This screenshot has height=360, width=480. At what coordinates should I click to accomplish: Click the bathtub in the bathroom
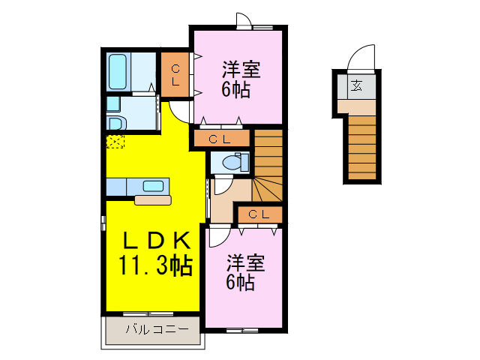tap(117, 70)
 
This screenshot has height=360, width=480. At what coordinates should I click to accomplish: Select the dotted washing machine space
tap(115, 139)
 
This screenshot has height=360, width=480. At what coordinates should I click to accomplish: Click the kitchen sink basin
tap(154, 186)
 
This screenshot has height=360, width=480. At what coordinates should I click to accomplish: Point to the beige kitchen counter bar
tap(153, 199)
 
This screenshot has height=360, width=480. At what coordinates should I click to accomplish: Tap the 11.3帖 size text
tap(154, 265)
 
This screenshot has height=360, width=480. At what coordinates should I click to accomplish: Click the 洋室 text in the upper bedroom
tap(241, 70)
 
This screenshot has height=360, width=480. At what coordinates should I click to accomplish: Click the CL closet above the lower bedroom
tap(259, 215)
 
